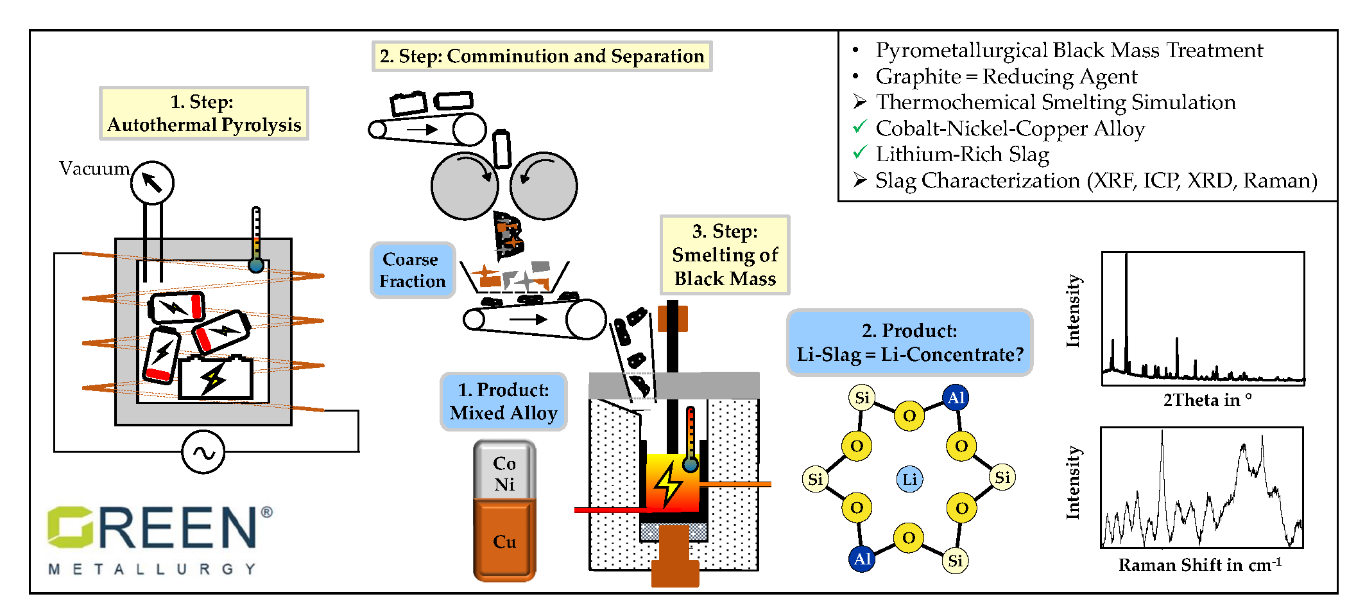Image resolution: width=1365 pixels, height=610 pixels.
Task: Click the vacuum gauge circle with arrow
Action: click(152, 183)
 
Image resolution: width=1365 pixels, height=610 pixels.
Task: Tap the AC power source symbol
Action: click(203, 453)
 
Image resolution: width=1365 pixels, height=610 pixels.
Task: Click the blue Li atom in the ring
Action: click(909, 479)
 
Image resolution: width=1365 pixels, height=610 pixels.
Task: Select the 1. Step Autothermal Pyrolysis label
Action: click(204, 114)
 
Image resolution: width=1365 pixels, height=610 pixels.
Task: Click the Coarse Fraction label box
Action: click(413, 270)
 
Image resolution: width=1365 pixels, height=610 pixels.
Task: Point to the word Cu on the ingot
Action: click(504, 542)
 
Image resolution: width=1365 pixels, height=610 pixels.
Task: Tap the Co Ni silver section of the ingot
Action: click(504, 473)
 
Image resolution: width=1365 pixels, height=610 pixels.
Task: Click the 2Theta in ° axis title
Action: click(1206, 400)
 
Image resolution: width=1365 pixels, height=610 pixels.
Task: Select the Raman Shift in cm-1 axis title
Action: click(1199, 565)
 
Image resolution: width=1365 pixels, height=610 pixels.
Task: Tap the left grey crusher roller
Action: click(465, 186)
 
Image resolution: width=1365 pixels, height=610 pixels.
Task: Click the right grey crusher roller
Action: click(544, 186)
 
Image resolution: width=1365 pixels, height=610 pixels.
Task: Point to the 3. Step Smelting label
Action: click(725, 255)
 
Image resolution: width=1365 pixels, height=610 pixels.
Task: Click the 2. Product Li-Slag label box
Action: click(909, 342)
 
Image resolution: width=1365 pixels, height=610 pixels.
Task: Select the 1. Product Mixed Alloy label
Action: click(504, 402)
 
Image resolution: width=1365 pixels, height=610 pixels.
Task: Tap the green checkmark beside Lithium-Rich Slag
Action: click(860, 153)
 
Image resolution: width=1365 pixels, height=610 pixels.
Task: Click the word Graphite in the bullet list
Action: click(918, 76)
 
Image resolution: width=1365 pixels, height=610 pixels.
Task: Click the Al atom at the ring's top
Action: click(956, 398)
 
